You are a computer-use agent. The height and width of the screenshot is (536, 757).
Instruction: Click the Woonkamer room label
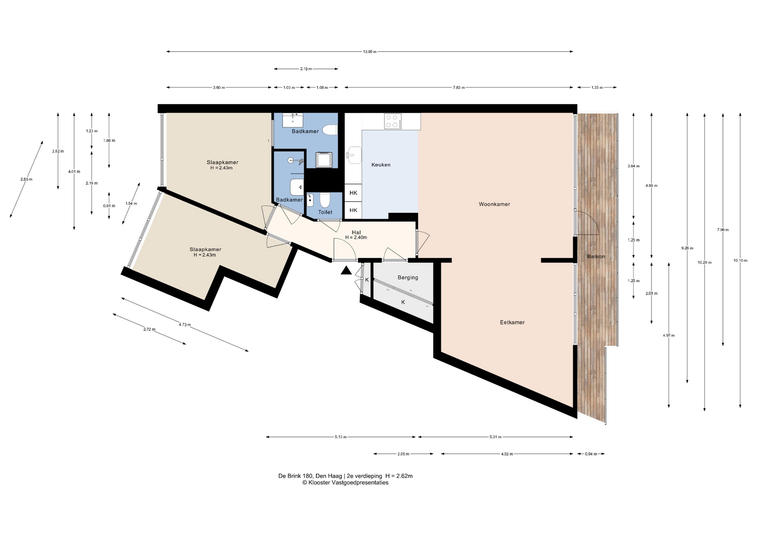[x=494, y=204]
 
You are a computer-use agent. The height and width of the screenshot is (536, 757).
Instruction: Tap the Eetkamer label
[x=512, y=322]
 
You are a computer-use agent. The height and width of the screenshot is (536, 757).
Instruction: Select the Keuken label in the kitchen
[x=381, y=165]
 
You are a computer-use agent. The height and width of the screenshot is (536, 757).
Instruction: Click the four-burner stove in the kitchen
[x=393, y=121]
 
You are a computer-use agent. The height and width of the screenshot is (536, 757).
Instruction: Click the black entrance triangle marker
[x=346, y=270]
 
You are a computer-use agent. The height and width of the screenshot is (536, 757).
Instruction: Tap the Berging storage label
[x=408, y=277]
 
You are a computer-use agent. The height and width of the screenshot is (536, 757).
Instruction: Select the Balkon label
[x=596, y=257]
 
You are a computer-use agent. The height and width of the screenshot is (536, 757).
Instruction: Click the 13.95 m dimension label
[x=369, y=52]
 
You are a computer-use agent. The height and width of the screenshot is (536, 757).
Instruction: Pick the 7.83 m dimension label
[x=459, y=88]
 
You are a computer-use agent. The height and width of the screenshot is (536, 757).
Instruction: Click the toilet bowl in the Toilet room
[x=324, y=201]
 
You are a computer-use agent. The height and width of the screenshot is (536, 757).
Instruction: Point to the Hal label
[x=356, y=232]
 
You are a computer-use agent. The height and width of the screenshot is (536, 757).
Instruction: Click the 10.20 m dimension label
[x=705, y=262]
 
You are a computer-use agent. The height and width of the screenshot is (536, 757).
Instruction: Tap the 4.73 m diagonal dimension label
[x=185, y=325]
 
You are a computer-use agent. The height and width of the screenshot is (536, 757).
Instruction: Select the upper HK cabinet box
[x=353, y=193]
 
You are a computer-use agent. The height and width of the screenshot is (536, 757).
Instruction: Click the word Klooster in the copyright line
[x=319, y=483]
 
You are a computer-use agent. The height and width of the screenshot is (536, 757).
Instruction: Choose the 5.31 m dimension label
[x=495, y=437]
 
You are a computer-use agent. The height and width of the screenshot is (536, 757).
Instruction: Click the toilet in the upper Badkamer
[x=330, y=129]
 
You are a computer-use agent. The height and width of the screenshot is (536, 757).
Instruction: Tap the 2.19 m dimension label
[x=306, y=69]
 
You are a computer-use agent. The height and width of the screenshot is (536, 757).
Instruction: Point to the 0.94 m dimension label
[x=591, y=454]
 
